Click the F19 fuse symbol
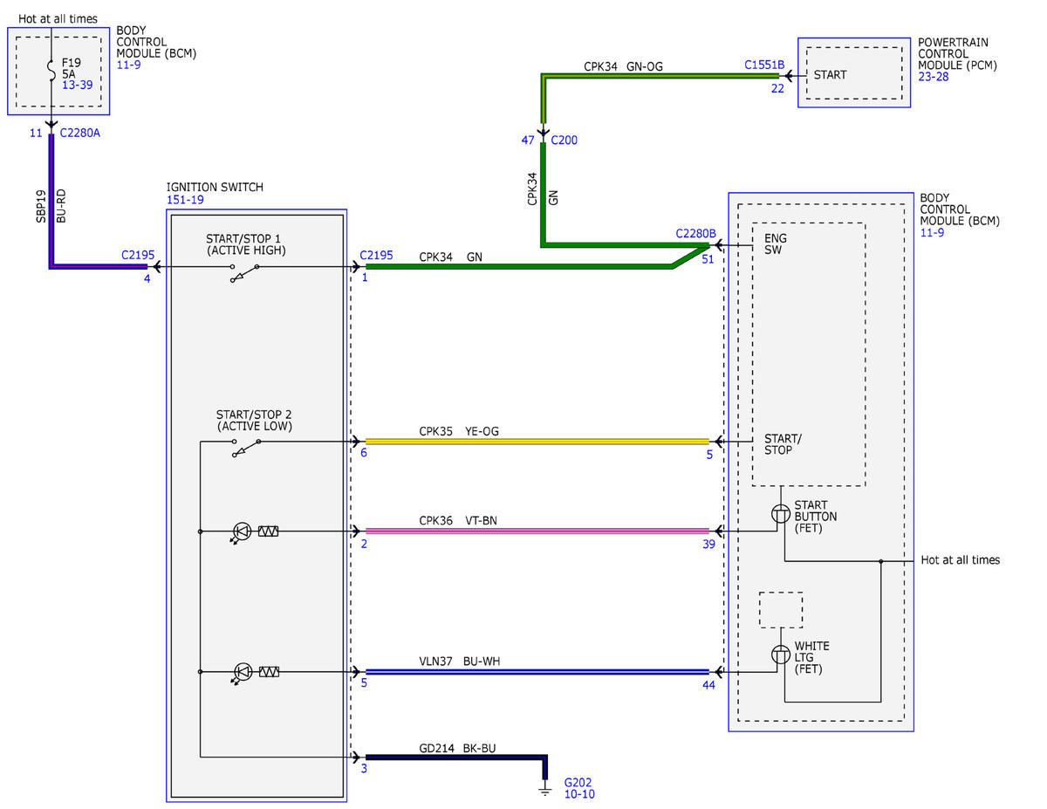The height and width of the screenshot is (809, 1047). coord(51,71)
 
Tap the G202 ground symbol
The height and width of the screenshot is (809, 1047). coord(545,791)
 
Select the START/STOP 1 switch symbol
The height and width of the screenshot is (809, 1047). coord(244,272)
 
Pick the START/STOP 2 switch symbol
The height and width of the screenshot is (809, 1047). coord(246,448)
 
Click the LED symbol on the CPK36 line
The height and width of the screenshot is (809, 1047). coord(241,532)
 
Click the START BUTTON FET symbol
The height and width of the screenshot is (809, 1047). coord(781,514)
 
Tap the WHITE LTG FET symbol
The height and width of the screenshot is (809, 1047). coord(781,655)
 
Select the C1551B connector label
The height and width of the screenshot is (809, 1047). coord(764,65)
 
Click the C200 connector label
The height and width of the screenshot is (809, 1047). coord(564,141)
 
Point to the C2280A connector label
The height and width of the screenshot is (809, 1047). coord(80,133)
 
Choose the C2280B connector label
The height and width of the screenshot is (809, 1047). coord(695,234)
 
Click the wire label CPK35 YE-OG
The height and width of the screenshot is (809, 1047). coord(459,431)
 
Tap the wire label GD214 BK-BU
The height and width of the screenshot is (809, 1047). coord(457,748)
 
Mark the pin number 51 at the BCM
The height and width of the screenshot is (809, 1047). coord(708,259)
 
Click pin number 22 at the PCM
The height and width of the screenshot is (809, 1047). coord(777,89)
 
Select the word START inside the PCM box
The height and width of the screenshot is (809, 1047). coord(830,75)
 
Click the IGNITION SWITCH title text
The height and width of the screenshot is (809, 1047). coord(215,187)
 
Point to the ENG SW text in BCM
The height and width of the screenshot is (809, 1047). coord(776,243)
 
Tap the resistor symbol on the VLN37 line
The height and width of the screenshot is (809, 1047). coord(269,672)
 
